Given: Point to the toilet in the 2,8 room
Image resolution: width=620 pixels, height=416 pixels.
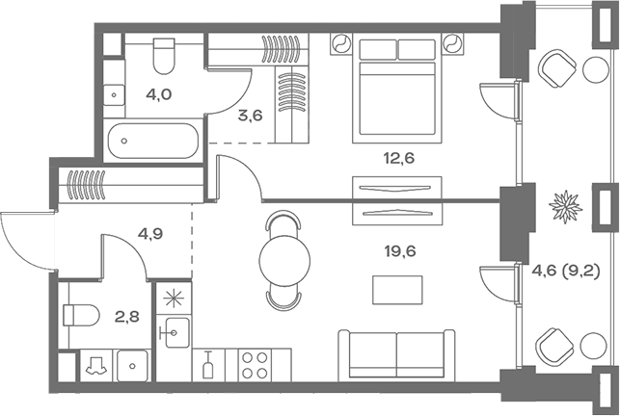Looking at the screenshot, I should (80, 316).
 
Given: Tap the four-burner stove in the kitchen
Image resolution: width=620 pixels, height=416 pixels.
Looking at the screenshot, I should (254, 366).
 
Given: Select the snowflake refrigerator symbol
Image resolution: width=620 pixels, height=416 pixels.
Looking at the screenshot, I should (175, 298).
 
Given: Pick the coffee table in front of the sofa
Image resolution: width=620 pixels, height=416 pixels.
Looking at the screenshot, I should (397, 288).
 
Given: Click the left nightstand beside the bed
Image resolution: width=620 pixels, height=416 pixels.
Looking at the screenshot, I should (340, 44).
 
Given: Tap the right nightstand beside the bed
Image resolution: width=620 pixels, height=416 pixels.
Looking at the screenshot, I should (451, 44).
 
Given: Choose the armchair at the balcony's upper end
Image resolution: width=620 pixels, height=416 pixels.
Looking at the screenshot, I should (558, 68).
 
